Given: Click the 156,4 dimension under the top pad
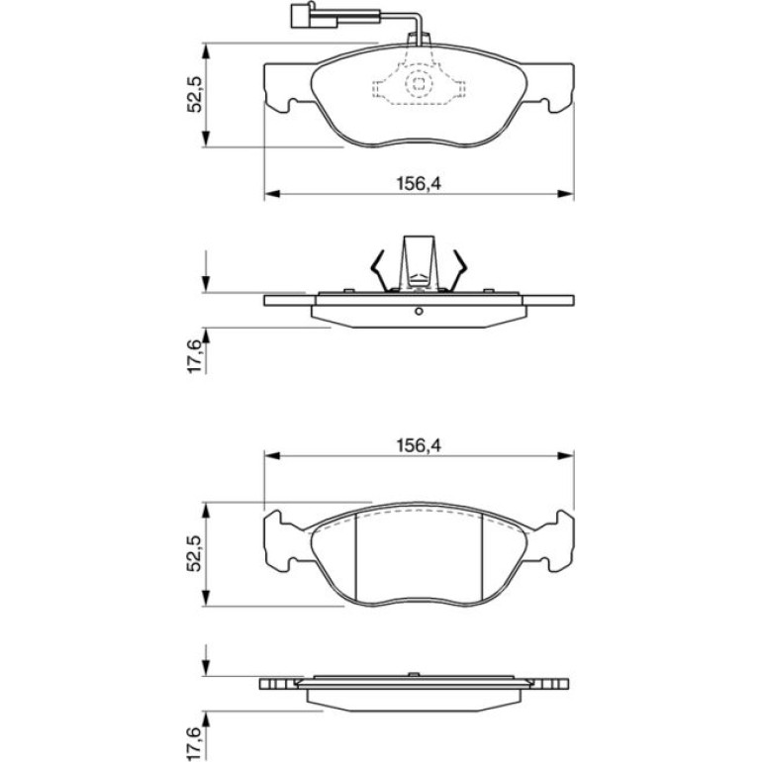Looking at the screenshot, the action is [419, 184].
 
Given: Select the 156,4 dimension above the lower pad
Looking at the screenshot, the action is [419, 445].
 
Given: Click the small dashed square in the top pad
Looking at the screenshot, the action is [419, 83].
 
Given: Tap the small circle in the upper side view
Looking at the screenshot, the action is [419, 311].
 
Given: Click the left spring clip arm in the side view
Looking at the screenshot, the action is [379, 271].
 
